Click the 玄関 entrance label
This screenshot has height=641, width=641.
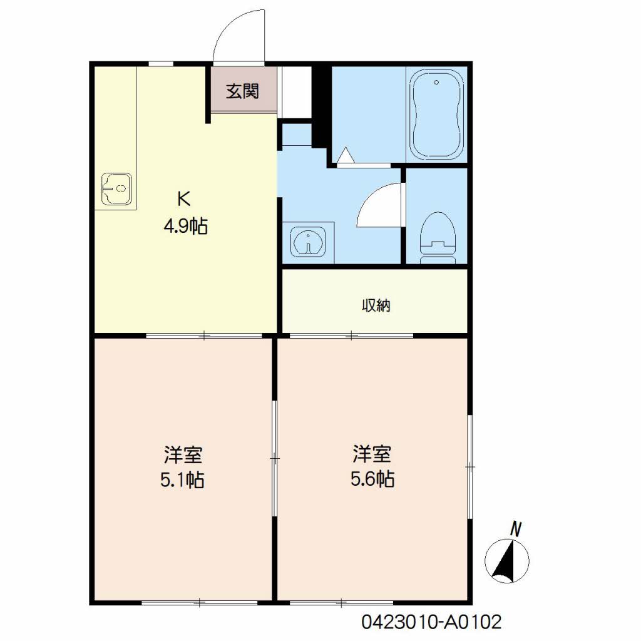pos(242,91)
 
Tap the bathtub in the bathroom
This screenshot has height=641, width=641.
pos(436,114)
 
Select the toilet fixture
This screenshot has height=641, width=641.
pos(438,237)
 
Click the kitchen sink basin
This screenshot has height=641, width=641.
pos(116,188)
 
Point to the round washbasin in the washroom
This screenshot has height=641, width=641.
pos(308,242)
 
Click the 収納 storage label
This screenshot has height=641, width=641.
pos(376,305)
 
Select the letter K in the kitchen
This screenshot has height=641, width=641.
pos(183,199)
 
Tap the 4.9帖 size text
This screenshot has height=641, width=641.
pos(185,225)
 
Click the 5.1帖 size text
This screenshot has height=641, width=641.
pos(182,480)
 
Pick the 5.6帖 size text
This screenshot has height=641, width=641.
pos(372,479)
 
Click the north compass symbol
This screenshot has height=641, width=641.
pos(507,560)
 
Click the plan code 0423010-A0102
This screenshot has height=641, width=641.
pos(431,622)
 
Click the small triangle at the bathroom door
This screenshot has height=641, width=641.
pos(346,155)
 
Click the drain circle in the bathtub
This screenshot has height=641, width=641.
pos(436,83)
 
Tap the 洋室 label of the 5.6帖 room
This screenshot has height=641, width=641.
pos(372,454)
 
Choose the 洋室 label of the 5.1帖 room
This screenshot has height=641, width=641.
pos(183,455)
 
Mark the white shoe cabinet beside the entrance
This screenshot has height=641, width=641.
pos(294,93)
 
